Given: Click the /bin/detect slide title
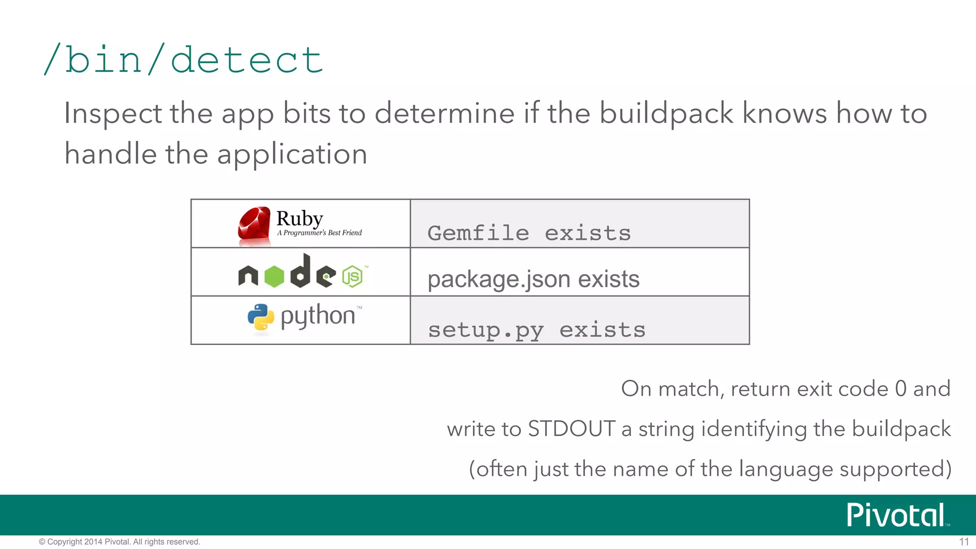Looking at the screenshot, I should tap(183, 60).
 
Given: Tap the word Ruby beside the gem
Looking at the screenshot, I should tap(300, 218).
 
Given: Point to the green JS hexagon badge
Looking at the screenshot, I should tap(352, 276).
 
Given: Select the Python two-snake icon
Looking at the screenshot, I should tap(261, 317).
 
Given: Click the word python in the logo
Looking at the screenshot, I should tap(318, 316).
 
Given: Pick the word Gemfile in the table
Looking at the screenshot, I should tap(478, 233).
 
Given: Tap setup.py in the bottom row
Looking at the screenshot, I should tap(486, 330).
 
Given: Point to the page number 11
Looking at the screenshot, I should tap(964, 542).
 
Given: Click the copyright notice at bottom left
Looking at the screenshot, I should tap(119, 542).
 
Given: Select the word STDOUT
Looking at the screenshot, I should tap(571, 429).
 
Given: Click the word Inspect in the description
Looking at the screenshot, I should tap(113, 113).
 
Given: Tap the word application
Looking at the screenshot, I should tap(292, 154).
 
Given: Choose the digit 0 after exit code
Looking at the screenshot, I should tap(900, 388).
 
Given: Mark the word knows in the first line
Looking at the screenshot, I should tap(784, 113).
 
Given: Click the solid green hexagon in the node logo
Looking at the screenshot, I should tap(274, 276).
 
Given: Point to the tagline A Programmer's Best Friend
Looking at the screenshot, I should tap(319, 233).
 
